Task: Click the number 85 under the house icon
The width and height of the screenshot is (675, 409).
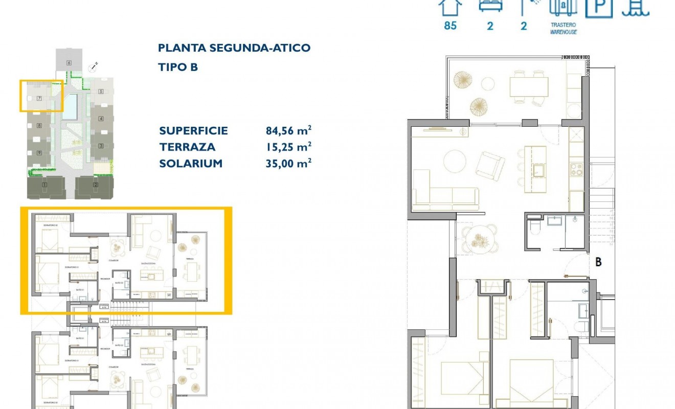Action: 450,26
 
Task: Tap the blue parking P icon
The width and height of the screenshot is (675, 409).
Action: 599,7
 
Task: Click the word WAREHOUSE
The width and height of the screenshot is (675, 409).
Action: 564,32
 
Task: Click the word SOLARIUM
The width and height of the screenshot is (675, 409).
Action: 191,164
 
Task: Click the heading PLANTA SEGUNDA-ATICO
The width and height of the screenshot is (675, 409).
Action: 234,48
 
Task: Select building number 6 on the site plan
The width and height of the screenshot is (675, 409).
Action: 69,63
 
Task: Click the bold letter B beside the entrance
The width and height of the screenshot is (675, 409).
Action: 598,262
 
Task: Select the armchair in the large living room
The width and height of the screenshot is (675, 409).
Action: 490,166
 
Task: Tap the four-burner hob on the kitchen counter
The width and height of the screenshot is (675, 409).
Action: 576,169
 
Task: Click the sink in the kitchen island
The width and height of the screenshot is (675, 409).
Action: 538,169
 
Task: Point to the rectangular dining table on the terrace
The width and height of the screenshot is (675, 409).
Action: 528,86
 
